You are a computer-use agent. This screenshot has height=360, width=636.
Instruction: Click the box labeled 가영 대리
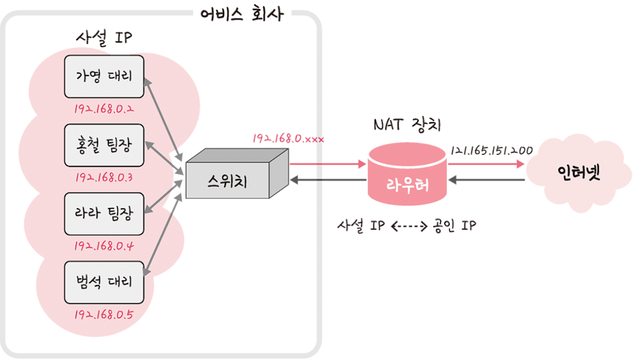point(104,76)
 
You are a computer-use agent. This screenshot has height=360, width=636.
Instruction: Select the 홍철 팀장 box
point(104,145)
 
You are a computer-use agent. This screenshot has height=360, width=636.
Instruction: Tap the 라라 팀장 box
point(104,213)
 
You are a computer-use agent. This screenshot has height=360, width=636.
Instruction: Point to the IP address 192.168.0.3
point(103,178)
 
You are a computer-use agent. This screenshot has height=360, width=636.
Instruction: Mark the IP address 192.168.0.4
point(103,246)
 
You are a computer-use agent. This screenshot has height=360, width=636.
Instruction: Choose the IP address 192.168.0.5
point(103,315)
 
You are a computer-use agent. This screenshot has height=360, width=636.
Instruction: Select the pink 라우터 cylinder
point(407,180)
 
